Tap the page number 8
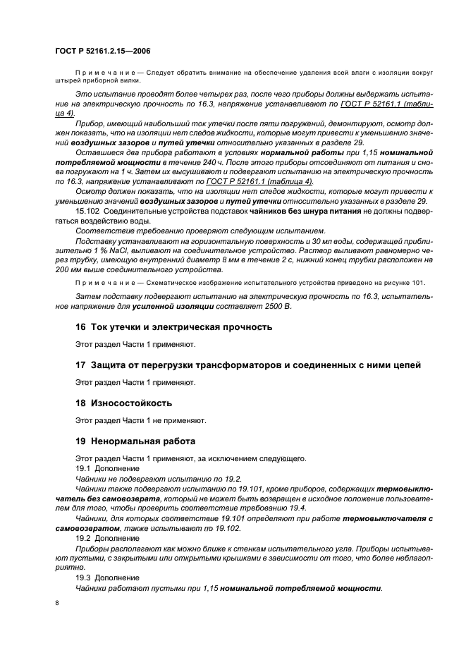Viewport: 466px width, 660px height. pos(58,604)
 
